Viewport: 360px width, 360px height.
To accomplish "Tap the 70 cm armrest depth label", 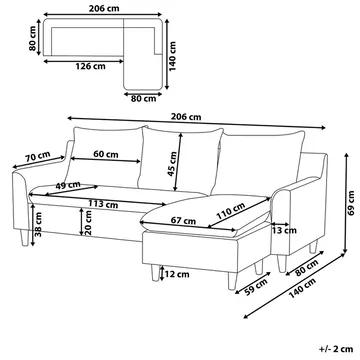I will coord(38,156).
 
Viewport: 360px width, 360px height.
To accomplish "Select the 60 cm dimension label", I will coord(100,156).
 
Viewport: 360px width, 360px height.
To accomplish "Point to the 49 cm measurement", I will coord(68,185).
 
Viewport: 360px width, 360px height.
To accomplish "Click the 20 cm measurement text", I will coord(89,231).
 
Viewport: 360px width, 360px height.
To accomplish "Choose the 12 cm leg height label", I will coord(176,274).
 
